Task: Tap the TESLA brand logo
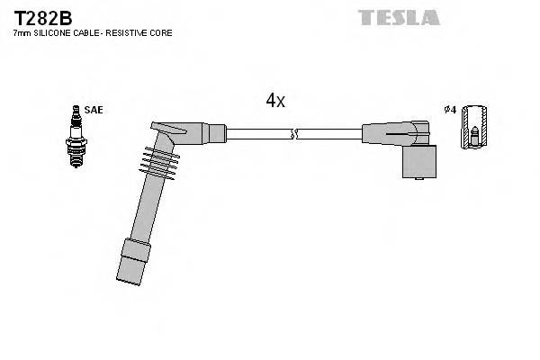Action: [399, 17]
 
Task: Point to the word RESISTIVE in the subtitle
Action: [132, 33]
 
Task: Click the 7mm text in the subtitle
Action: [21, 33]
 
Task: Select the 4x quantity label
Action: [274, 101]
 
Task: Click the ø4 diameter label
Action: [451, 110]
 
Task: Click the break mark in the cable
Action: [293, 134]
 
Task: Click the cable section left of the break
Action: [257, 134]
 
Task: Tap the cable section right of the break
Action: [328, 134]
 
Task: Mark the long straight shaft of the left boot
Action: [144, 208]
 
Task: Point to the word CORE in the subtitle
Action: [162, 33]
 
